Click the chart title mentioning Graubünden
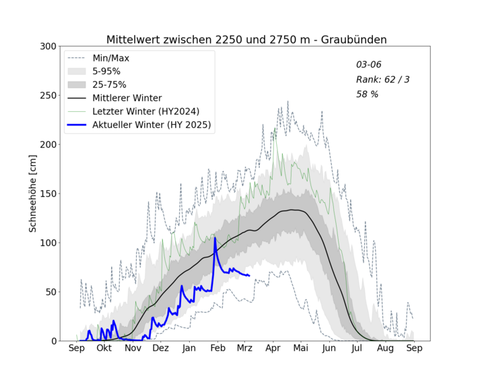[246, 39]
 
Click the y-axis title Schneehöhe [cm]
[32, 194]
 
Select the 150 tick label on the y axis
[46, 194]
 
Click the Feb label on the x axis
[217, 348]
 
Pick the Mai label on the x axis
[301, 348]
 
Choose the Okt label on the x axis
[104, 348]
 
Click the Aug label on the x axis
[385, 348]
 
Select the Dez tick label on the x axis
[160, 348]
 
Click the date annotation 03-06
[368, 65]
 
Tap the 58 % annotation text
[367, 94]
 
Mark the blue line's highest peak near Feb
[215, 238]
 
